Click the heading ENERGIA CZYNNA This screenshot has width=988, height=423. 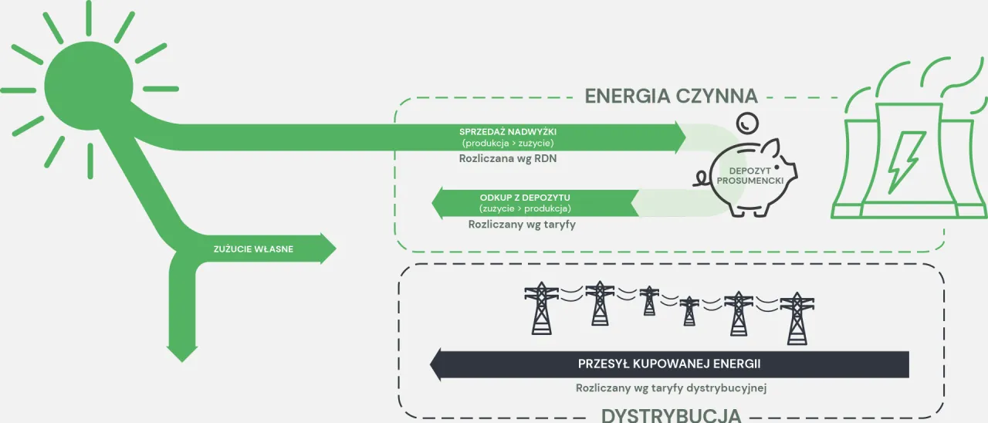(671, 96)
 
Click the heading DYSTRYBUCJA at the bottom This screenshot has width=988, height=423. (671, 415)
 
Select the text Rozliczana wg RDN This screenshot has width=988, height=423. (507, 159)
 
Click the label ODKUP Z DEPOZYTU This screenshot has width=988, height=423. (525, 198)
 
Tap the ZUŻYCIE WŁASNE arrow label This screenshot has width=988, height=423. (253, 249)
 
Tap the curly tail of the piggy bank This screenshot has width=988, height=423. (699, 179)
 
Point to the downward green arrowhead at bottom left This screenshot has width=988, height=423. (183, 354)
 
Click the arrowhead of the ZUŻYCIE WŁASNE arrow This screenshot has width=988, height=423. (328, 249)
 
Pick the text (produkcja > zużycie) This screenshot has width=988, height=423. (507, 144)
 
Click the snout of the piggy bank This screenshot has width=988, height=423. (791, 168)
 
